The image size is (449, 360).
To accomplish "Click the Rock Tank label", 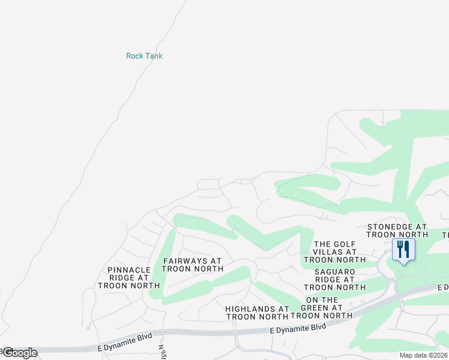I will click(x=144, y=56).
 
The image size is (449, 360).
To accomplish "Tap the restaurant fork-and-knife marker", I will click(x=403, y=249).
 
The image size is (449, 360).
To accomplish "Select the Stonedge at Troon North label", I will click(x=397, y=230).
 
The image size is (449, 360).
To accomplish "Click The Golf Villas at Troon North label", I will click(x=334, y=251).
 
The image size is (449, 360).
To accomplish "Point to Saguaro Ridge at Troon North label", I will click(x=340, y=279).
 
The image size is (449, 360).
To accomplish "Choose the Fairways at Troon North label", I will click(x=192, y=265).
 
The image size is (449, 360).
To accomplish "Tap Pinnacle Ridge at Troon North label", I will click(x=128, y=278).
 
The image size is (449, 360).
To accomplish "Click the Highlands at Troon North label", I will click(x=257, y=312).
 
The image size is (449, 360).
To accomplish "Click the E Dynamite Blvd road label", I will click(x=298, y=328).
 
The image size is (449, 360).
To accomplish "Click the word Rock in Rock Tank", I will click(x=134, y=56).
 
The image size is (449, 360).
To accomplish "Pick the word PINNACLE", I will click(x=128, y=270).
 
